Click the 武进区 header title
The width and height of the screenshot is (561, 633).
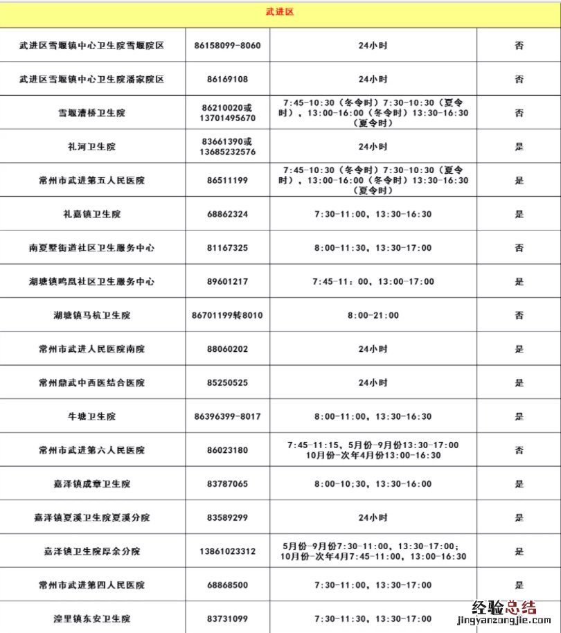coord(280,12)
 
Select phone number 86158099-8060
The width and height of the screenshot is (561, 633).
coord(227,46)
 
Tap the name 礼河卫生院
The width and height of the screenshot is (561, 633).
coord(92,147)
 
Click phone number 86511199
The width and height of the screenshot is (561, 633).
coord(227,181)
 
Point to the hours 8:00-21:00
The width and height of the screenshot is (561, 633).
coord(373,316)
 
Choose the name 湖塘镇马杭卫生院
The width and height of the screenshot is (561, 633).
coord(92,316)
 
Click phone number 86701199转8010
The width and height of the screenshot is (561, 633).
coord(227,316)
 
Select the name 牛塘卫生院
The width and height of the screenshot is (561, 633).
coord(92,417)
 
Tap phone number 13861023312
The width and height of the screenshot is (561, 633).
coord(227,552)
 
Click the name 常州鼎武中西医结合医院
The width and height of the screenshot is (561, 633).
coord(92,383)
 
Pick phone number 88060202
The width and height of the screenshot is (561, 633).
coord(227,350)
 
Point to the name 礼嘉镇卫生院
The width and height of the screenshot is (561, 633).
coord(92,215)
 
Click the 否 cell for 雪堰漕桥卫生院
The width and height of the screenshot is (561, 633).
coord(519,113)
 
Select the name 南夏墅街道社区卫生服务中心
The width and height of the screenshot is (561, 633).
coord(92,248)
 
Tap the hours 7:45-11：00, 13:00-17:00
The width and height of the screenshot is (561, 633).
coord(373,282)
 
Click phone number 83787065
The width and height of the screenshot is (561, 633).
coord(227,484)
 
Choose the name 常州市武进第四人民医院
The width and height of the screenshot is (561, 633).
coord(92,585)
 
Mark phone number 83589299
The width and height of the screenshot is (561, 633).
coord(227,518)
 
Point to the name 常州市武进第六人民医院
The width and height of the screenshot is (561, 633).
coord(92,450)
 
